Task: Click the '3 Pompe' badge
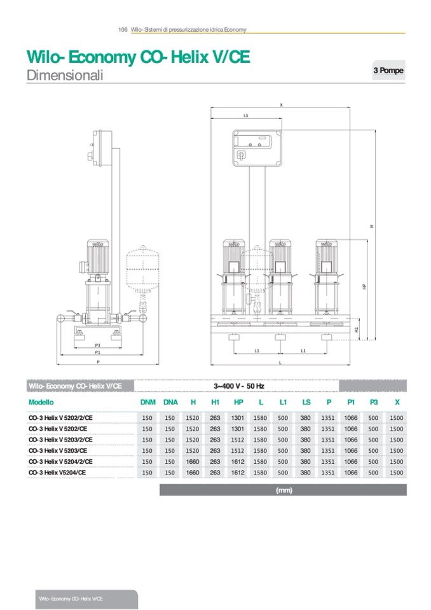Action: pos(388,71)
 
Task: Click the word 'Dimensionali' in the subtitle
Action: pos(65,76)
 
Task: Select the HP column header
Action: pos(238,403)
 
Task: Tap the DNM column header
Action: pos(147,403)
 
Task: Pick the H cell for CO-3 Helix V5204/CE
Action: pos(193,473)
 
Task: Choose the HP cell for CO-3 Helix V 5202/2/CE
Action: pos(238,418)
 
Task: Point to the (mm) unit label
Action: pos(284,490)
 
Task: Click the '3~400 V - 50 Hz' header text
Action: pos(238,386)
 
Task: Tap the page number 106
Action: pos(123,30)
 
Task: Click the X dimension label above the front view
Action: pos(280,104)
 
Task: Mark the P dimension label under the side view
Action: pos(98,361)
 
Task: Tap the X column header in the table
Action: pos(397,403)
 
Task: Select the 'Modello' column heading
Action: pos(41,403)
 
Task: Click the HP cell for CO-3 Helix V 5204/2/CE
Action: pos(238,462)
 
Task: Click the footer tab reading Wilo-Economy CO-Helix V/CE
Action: pos(71,599)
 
